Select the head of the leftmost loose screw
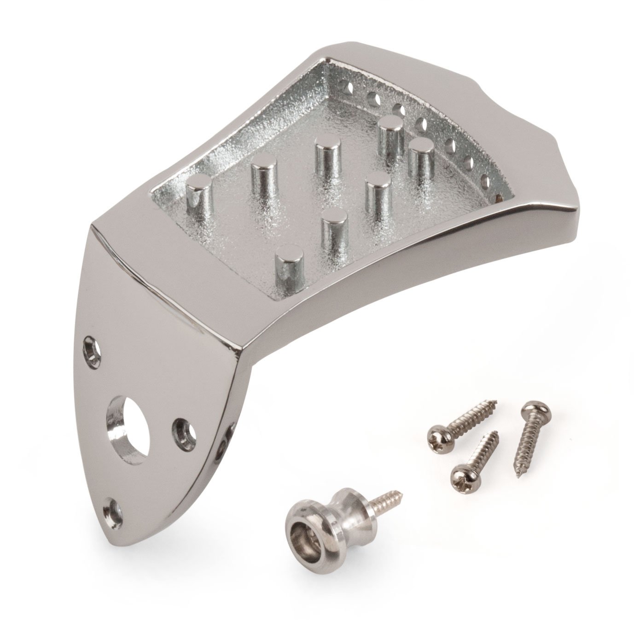[436, 434]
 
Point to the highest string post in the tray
[391, 124]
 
